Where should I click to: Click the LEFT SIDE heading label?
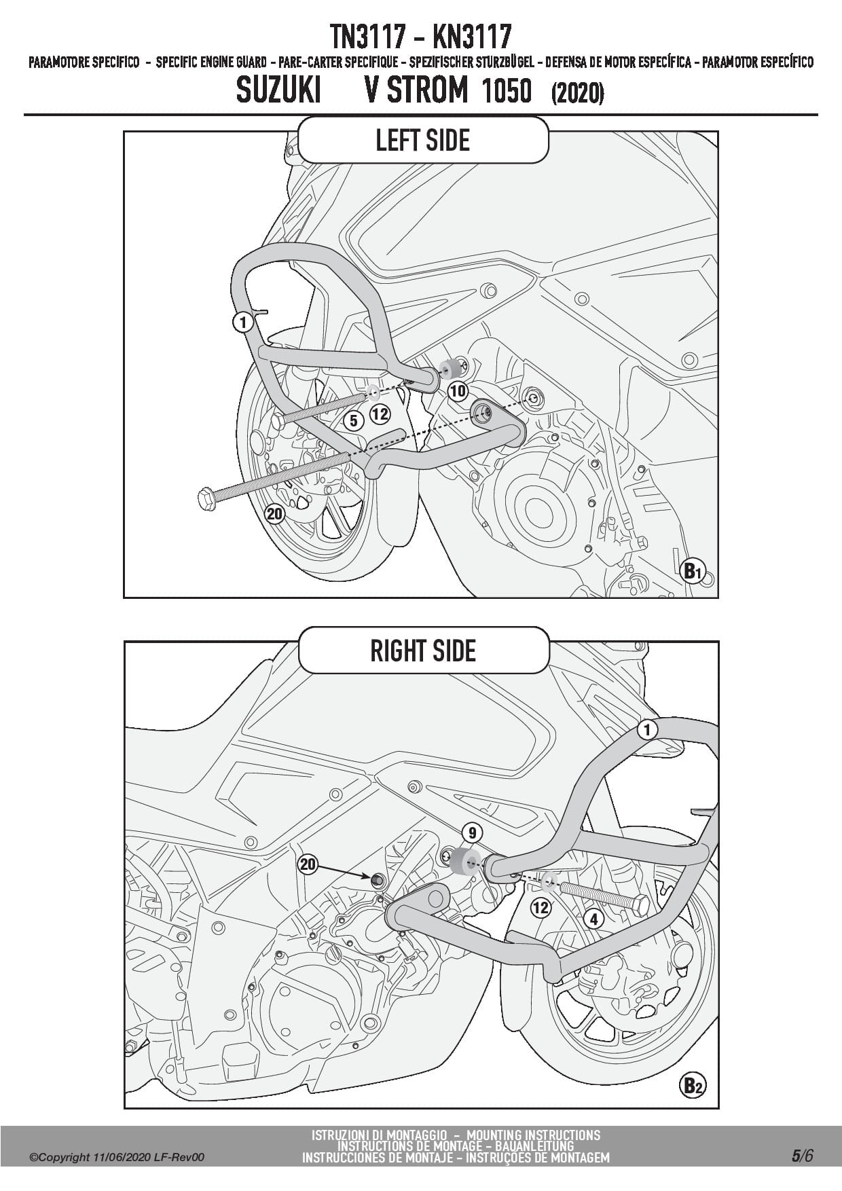(422, 141)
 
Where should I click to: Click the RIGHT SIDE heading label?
(422, 651)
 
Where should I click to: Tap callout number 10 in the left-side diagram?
(458, 391)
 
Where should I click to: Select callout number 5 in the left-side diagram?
(353, 421)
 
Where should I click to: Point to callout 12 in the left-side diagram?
(380, 412)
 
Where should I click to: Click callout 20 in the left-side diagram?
(274, 514)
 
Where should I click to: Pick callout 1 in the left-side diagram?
(242, 322)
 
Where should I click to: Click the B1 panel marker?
(692, 572)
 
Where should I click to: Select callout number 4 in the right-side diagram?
(594, 919)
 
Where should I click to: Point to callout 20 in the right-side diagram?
(308, 864)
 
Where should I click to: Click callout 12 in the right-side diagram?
(541, 908)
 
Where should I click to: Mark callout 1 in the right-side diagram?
(648, 730)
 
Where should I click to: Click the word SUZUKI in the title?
(278, 91)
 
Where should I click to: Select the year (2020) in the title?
(577, 93)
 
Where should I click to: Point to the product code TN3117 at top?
(367, 35)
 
